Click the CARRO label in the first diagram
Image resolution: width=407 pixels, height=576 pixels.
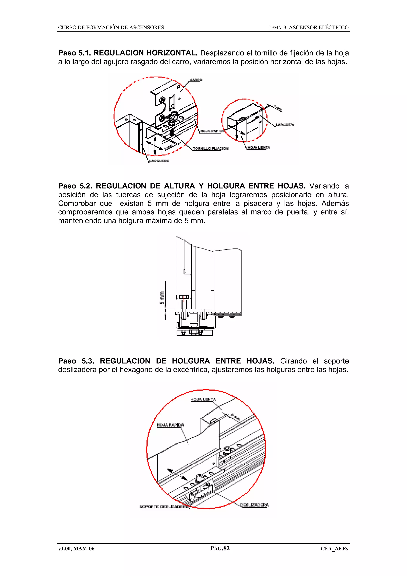tap(196, 80)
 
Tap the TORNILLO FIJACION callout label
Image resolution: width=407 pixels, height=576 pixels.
tap(210, 148)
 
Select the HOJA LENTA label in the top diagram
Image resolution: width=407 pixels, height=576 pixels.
tap(259, 148)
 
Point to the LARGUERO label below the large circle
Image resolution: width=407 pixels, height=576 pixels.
tap(159, 161)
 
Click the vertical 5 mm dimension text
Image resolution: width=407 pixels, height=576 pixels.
tap(162, 298)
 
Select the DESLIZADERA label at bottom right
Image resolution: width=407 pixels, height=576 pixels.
tap(254, 505)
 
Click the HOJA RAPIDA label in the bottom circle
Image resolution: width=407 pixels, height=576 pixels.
tap(170, 425)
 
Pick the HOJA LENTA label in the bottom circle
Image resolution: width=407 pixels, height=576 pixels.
tap(203, 399)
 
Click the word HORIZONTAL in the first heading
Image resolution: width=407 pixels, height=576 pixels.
tap(172, 53)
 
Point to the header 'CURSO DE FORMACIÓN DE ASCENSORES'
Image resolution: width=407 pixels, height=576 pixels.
tap(111, 28)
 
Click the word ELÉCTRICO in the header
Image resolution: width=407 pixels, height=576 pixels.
tap(333, 28)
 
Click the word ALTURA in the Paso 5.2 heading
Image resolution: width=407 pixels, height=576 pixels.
tap(179, 186)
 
